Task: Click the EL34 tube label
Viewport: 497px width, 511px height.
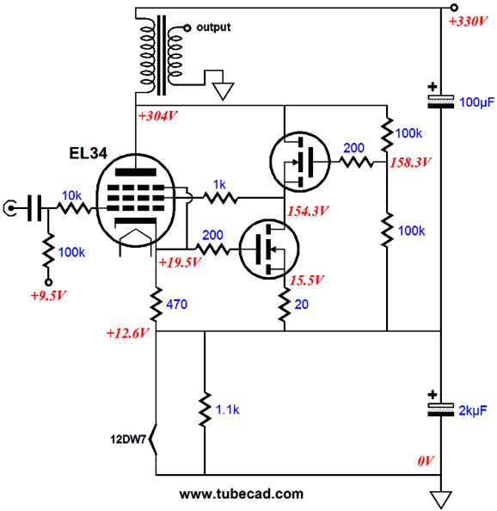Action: pos(88,153)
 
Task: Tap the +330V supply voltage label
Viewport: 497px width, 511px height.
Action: pos(468,22)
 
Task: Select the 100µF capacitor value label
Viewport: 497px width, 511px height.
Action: pos(476,102)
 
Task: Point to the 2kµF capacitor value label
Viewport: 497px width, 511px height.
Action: pos(473,410)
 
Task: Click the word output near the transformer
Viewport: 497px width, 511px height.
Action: pos(213,27)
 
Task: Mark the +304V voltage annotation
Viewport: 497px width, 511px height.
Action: pos(157,116)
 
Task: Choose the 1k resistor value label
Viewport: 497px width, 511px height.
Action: pos(219,185)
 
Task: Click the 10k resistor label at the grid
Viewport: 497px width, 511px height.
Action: pos(71,195)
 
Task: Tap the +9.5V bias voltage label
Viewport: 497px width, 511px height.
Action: pos(48,296)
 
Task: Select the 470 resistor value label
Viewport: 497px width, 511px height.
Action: pos(177,305)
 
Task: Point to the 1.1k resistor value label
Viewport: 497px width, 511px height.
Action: pos(227,409)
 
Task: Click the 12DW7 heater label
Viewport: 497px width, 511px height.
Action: pos(128,440)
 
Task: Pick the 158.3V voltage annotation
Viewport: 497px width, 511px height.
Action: pos(410,163)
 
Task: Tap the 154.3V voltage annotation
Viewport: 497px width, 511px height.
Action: pos(308,211)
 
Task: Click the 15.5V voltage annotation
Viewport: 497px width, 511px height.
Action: pos(306,280)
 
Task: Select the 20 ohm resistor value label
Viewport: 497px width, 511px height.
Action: pos(302,305)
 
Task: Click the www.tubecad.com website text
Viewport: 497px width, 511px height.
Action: pos(242,494)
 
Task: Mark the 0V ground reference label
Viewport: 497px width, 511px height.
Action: pos(426,461)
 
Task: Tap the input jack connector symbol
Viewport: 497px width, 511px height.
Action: pos(9,208)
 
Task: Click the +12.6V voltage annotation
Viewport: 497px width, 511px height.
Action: pos(127,333)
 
